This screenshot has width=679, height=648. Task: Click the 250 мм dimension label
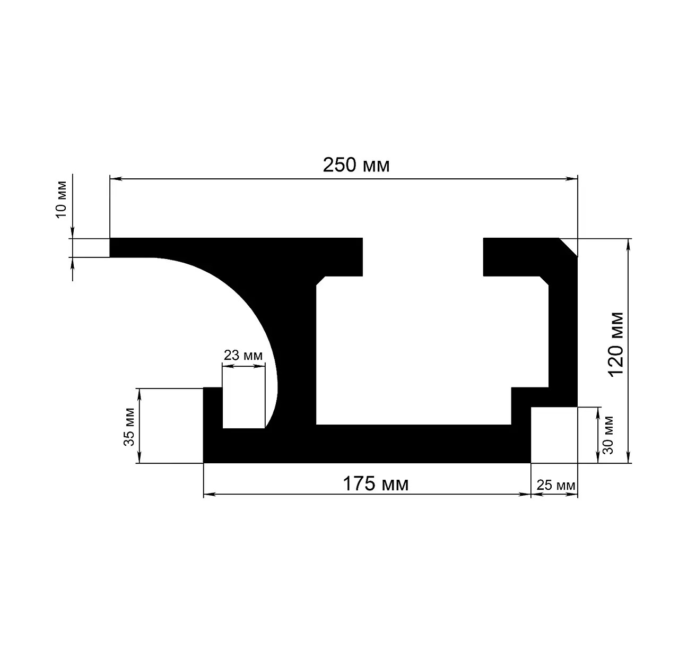[356, 165]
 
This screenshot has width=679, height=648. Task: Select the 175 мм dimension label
[376, 483]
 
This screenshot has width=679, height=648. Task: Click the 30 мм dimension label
[608, 435]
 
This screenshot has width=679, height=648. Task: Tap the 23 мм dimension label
[243, 355]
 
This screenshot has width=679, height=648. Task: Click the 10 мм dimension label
[61, 199]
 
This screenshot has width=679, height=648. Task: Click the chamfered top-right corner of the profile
[568, 247]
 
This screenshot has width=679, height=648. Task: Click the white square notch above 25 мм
[554, 435]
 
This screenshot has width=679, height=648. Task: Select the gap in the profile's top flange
[423, 257]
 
